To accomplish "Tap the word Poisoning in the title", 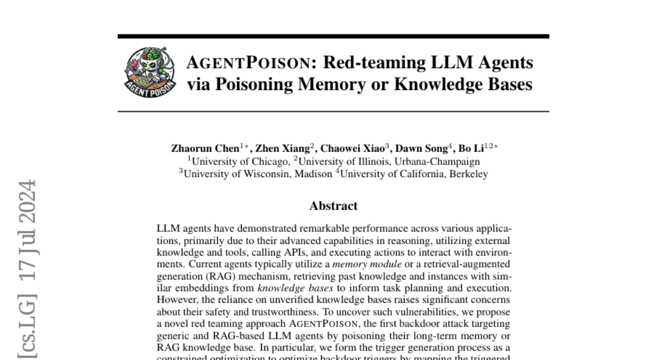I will click(x=261, y=84).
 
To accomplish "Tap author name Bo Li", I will click(x=471, y=149).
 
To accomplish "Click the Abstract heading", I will click(x=333, y=206).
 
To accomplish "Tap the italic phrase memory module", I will click(x=367, y=264).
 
